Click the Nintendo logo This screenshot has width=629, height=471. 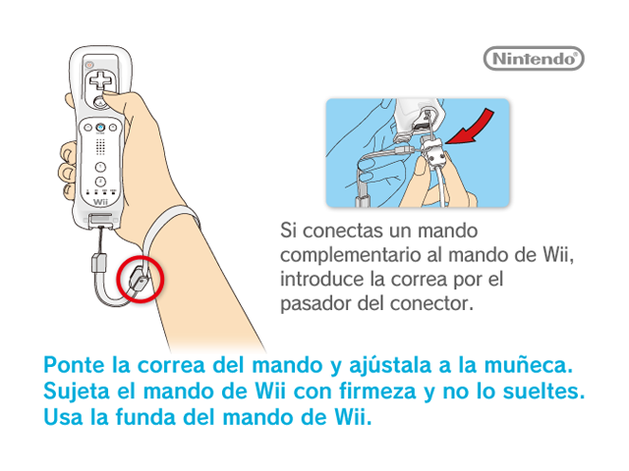[x=534, y=59]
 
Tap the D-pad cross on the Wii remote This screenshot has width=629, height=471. [x=100, y=79]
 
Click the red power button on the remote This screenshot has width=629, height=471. [x=89, y=65]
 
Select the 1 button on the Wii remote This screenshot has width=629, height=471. [x=100, y=167]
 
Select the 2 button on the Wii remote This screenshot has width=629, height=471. [x=100, y=182]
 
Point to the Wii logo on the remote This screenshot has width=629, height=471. [x=100, y=202]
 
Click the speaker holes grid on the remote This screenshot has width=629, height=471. [x=100, y=147]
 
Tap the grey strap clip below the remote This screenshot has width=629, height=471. [x=99, y=263]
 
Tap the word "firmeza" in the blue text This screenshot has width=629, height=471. [x=377, y=391]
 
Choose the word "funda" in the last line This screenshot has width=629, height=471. [x=145, y=417]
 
